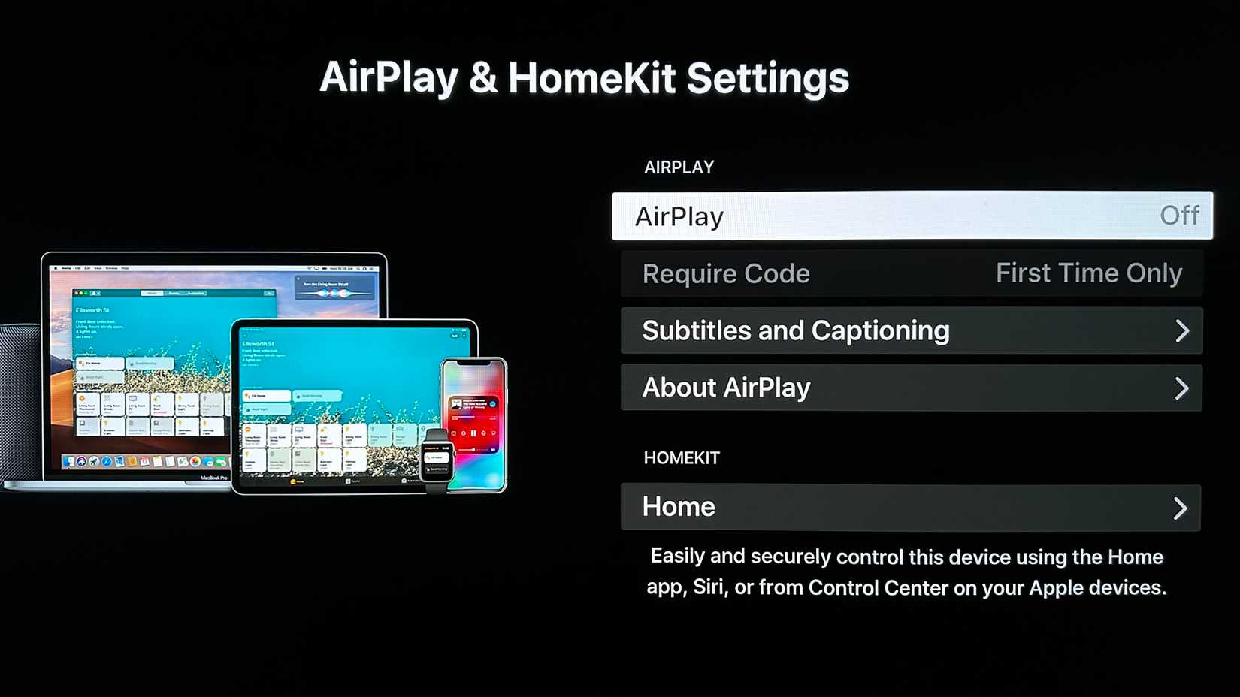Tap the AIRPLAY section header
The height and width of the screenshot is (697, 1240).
click(x=679, y=167)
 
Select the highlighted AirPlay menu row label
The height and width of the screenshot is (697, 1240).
click(x=679, y=216)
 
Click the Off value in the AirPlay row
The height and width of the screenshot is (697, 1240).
click(x=1179, y=216)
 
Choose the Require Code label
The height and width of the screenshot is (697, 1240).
click(x=726, y=273)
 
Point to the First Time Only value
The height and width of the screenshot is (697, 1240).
click(x=1088, y=273)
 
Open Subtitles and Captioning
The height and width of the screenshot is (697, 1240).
click(x=796, y=330)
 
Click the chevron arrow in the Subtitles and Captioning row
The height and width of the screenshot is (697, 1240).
click(x=1181, y=330)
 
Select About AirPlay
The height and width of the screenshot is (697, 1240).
click(x=726, y=388)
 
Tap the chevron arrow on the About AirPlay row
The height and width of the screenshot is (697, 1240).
click(x=1181, y=388)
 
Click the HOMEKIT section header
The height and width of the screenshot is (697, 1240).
click(x=681, y=458)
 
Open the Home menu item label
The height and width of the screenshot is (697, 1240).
click(x=679, y=507)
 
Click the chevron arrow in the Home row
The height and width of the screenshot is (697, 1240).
click(x=1180, y=508)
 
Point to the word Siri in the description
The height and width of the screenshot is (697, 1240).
click(x=709, y=587)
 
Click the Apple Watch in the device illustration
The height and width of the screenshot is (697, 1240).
click(x=436, y=458)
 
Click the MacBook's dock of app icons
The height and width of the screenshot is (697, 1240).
click(x=143, y=461)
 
